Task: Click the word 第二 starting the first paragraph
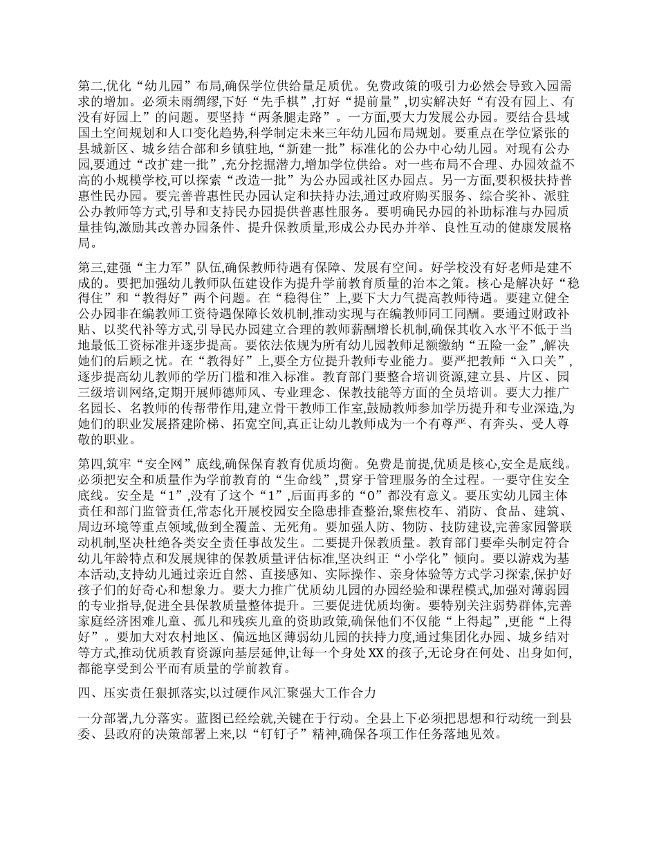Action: tap(89, 87)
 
